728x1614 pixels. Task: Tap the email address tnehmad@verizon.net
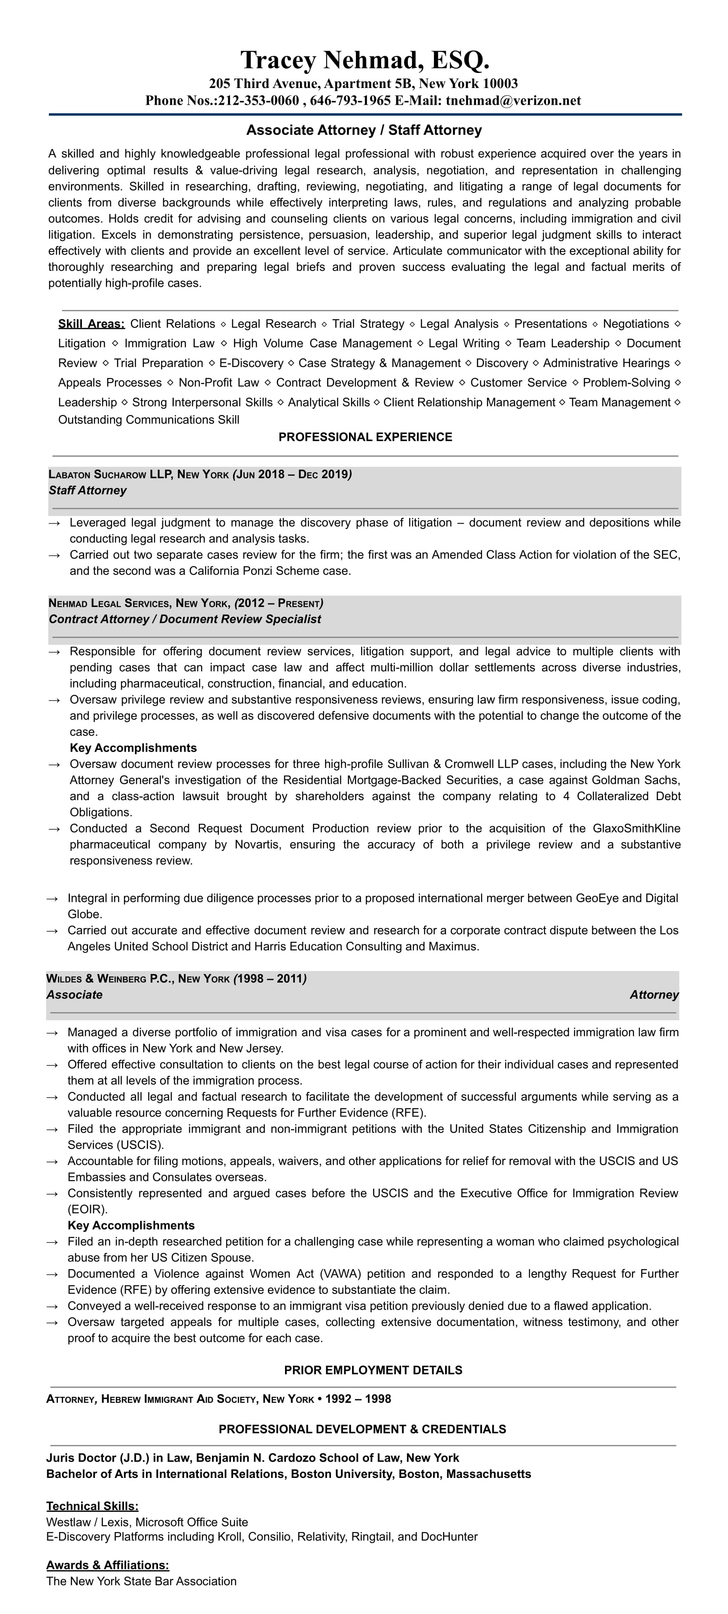point(513,101)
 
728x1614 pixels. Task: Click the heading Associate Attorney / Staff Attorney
point(364,130)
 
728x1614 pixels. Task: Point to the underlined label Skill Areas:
point(91,324)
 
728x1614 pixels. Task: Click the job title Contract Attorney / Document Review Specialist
point(185,619)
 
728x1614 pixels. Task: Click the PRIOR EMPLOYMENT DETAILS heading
point(373,1370)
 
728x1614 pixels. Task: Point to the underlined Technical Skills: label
point(92,1505)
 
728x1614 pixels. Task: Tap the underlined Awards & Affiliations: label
point(107,1565)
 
